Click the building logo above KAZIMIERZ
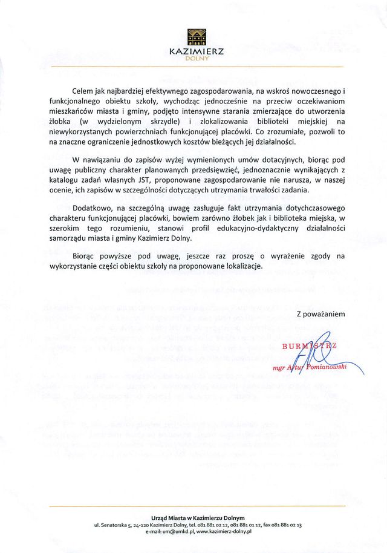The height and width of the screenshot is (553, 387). click(197, 37)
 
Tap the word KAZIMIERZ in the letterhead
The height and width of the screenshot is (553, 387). click(197, 52)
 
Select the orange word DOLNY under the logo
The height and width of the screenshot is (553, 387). click(197, 59)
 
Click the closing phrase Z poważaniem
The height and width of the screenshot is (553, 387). click(320, 315)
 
